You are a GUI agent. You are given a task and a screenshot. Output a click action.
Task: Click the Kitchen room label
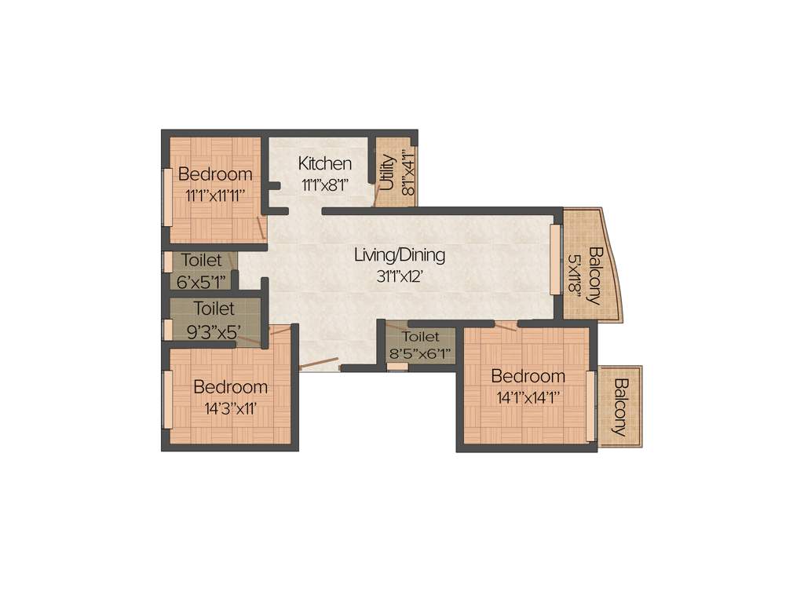tap(324, 164)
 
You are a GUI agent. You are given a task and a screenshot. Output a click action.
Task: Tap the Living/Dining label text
tap(400, 255)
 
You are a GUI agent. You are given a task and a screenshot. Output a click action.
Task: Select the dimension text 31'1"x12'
tap(400, 276)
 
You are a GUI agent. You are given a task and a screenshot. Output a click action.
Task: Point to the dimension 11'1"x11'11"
tap(215, 196)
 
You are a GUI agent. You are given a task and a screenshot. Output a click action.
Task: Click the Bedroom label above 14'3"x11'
tap(230, 387)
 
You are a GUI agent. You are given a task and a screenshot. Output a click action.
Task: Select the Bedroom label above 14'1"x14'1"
tap(528, 376)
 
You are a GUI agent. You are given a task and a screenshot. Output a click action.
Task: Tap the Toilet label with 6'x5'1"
tap(201, 260)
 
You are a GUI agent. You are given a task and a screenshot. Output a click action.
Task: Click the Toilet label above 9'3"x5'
tap(214, 309)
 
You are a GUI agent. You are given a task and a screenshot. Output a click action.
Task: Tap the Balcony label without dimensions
tap(621, 407)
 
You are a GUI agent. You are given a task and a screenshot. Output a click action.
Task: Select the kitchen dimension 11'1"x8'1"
tap(324, 185)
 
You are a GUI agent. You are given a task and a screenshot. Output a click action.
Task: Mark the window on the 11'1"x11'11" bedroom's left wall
tap(166, 196)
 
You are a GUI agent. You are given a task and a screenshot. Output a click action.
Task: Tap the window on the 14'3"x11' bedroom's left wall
tap(166, 400)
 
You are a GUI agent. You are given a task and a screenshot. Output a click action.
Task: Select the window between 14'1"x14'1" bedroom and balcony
tap(590, 405)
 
